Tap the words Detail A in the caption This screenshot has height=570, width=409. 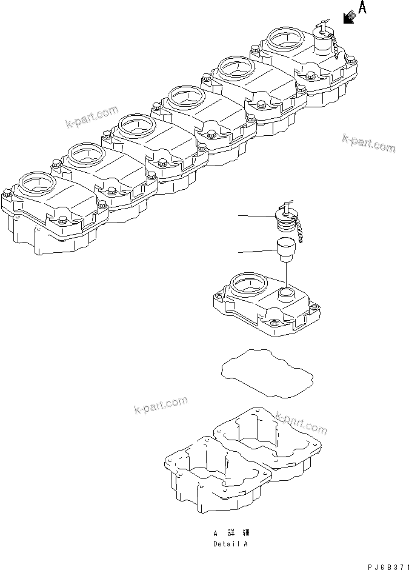pos(230,543)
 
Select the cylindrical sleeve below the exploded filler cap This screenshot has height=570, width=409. pos(285,249)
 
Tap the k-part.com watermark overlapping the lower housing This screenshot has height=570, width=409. pos(301,423)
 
